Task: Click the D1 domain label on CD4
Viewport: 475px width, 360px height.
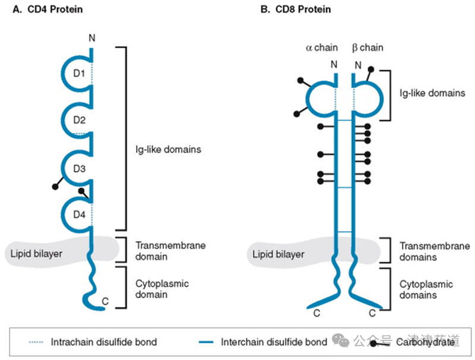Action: pos(80,74)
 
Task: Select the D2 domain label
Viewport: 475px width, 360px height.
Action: pos(80,121)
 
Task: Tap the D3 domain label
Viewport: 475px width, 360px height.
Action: pos(80,169)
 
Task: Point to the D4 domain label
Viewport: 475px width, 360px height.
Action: pos(80,214)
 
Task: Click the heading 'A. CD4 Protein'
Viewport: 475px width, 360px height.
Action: pos(51,10)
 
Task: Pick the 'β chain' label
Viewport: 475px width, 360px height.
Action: pos(368,48)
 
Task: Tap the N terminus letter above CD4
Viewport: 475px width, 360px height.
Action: pos(91,39)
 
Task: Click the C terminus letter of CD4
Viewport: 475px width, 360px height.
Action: pos(104,302)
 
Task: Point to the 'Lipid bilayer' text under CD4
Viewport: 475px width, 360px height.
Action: pos(36,254)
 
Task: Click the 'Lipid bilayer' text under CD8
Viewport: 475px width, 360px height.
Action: pos(278,254)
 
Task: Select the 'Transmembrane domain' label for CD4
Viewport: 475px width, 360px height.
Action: pos(160,251)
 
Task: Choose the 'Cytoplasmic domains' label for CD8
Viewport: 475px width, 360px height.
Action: pos(426,290)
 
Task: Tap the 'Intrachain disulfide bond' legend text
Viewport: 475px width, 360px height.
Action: pos(103,342)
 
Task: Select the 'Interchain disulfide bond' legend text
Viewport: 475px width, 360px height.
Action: pos(274,342)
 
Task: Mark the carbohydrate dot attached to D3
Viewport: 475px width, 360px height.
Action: pos(56,187)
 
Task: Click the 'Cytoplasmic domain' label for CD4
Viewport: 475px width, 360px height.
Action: pos(162,289)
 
